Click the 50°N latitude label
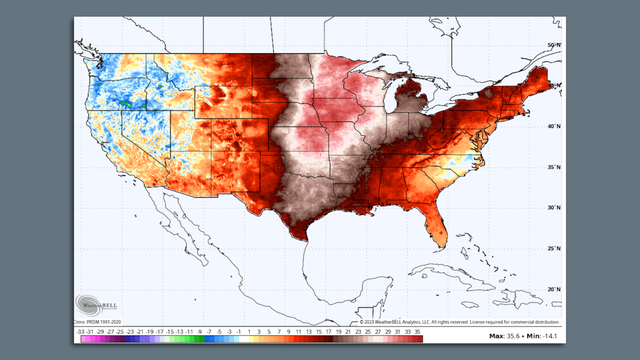click(553, 46)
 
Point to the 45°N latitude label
click(553, 85)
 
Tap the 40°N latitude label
click(553, 126)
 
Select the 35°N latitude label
click(553, 166)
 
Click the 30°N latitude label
click(553, 207)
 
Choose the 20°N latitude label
click(553, 289)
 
